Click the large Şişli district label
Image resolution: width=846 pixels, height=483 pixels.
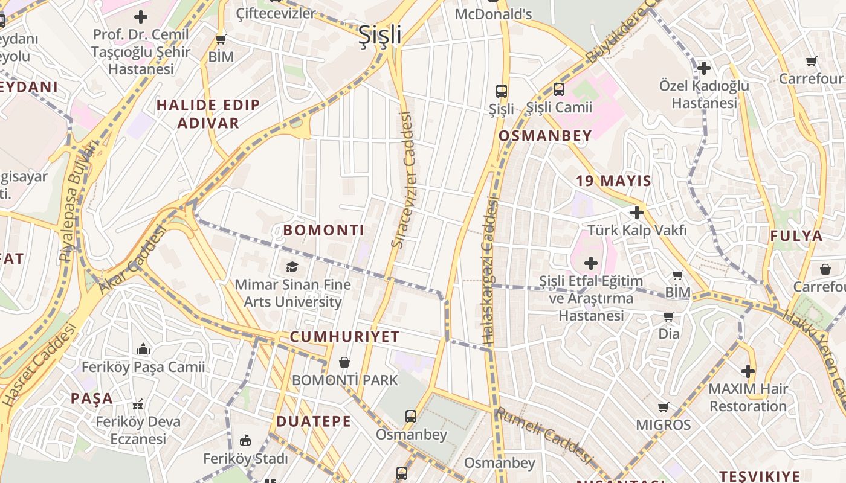coord(380,35)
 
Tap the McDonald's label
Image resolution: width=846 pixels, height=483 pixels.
coord(493,13)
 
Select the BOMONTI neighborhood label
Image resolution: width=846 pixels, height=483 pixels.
coord(324,230)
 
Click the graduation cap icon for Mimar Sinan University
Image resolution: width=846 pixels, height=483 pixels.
coord(292,267)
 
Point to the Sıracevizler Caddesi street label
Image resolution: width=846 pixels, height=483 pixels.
coord(405,180)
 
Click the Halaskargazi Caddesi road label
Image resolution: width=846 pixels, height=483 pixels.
coord(490,272)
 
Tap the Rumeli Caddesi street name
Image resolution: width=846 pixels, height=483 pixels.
coord(542,435)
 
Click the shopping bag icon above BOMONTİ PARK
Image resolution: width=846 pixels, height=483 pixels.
coord(344,362)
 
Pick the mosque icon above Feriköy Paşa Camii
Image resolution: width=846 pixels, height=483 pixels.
coord(143,349)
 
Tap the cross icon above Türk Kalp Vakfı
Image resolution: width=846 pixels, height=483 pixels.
coord(636,213)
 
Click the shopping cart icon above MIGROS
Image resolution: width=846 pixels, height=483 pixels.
coord(664,408)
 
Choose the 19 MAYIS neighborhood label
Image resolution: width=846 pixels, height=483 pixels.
coord(613,181)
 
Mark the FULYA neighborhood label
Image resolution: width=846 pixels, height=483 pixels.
coord(796,236)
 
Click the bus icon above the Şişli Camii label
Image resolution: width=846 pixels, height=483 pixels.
coord(559,90)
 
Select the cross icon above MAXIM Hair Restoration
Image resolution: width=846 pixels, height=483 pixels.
coord(748,371)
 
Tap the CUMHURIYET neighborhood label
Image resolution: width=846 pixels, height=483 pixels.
coord(344,337)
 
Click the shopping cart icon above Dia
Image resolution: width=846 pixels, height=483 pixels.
coord(668,317)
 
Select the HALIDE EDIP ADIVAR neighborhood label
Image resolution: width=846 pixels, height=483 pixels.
coord(208,114)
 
